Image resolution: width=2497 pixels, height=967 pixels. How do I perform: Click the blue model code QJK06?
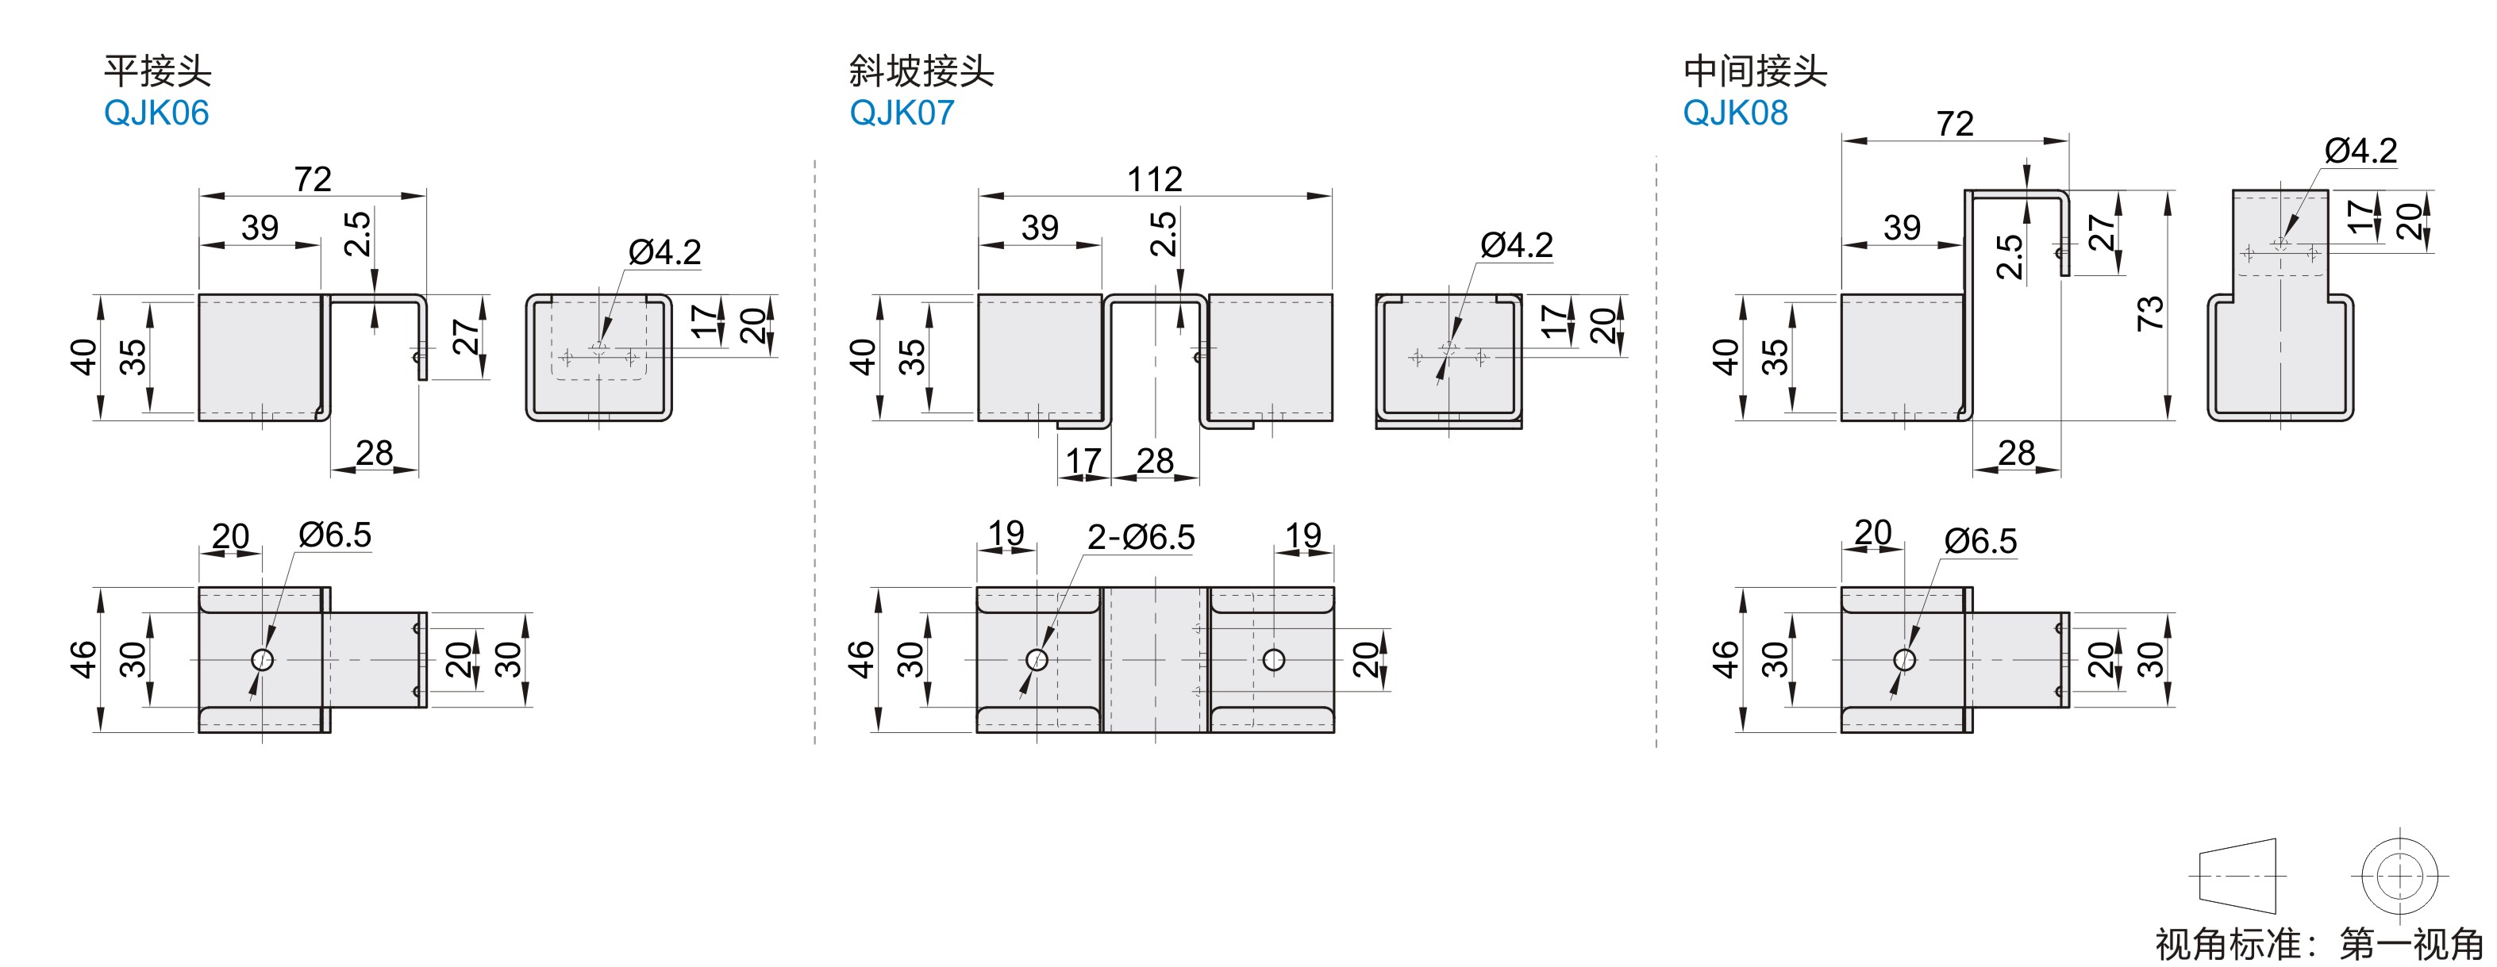click(x=156, y=113)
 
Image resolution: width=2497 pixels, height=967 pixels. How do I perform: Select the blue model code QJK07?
click(x=902, y=113)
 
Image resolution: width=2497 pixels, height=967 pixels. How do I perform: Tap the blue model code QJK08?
click(x=1735, y=113)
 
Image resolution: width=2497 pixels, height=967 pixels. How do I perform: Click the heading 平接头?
click(x=157, y=71)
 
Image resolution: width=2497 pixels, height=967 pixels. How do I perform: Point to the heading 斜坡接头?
click(x=921, y=71)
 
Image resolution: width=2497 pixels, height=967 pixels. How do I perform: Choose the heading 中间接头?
click(x=1755, y=71)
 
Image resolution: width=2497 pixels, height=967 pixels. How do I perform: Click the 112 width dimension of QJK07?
click(x=1155, y=179)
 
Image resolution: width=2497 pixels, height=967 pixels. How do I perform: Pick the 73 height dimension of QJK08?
click(x=2150, y=313)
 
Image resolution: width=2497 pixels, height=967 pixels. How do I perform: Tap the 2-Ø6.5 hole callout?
click(x=1141, y=537)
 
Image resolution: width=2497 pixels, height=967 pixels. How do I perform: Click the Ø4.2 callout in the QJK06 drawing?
click(x=664, y=253)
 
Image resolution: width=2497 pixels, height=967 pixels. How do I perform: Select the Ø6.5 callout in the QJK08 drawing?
click(x=1980, y=542)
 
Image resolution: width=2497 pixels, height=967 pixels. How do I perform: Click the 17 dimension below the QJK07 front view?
click(x=1083, y=461)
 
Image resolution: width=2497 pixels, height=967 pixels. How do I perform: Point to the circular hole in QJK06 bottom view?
click(x=262, y=660)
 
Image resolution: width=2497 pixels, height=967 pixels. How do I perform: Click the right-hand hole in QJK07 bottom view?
click(x=1274, y=660)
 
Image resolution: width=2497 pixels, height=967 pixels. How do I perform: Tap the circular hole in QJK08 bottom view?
click(x=1905, y=660)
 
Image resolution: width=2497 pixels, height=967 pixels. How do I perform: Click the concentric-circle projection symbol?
click(x=2399, y=876)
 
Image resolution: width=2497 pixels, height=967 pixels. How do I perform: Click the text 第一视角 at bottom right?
click(x=2412, y=944)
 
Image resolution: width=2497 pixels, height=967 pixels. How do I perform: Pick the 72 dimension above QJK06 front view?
click(x=312, y=179)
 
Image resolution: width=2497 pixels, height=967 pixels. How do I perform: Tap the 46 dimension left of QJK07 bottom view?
click(x=860, y=659)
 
